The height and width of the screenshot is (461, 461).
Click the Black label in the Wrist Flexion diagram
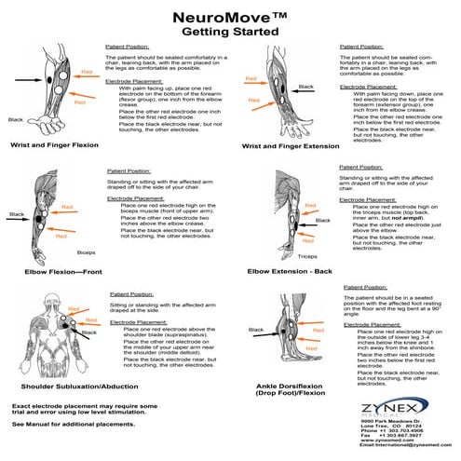[15, 119]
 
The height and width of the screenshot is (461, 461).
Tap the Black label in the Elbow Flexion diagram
[17, 214]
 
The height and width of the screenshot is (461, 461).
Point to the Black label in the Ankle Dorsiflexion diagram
[257, 329]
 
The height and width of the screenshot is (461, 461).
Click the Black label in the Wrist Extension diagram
[306, 87]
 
